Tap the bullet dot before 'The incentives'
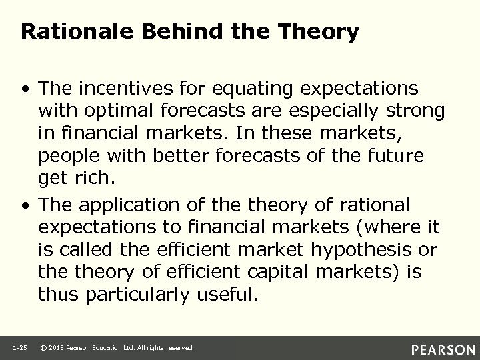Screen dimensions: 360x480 click(25, 89)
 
